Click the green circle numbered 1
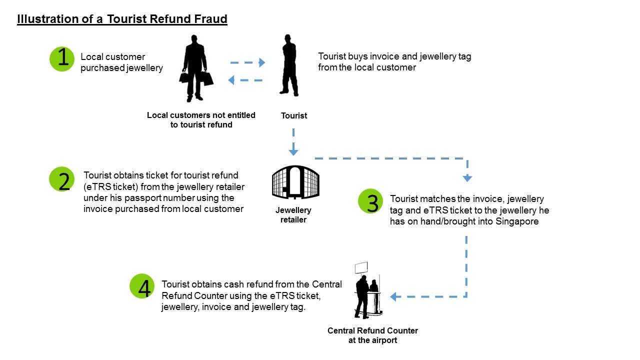click(x=62, y=59)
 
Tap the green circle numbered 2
click(x=62, y=179)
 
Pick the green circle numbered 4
click(x=142, y=287)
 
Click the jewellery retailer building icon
click(x=295, y=182)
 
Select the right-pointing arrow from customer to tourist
click(x=247, y=62)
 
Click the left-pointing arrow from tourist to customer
click(x=245, y=80)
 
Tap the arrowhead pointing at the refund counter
click(x=394, y=296)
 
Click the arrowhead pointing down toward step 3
click(x=467, y=177)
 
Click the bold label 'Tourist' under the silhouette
click(x=294, y=116)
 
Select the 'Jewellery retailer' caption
click(x=293, y=215)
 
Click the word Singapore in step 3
click(x=517, y=221)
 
